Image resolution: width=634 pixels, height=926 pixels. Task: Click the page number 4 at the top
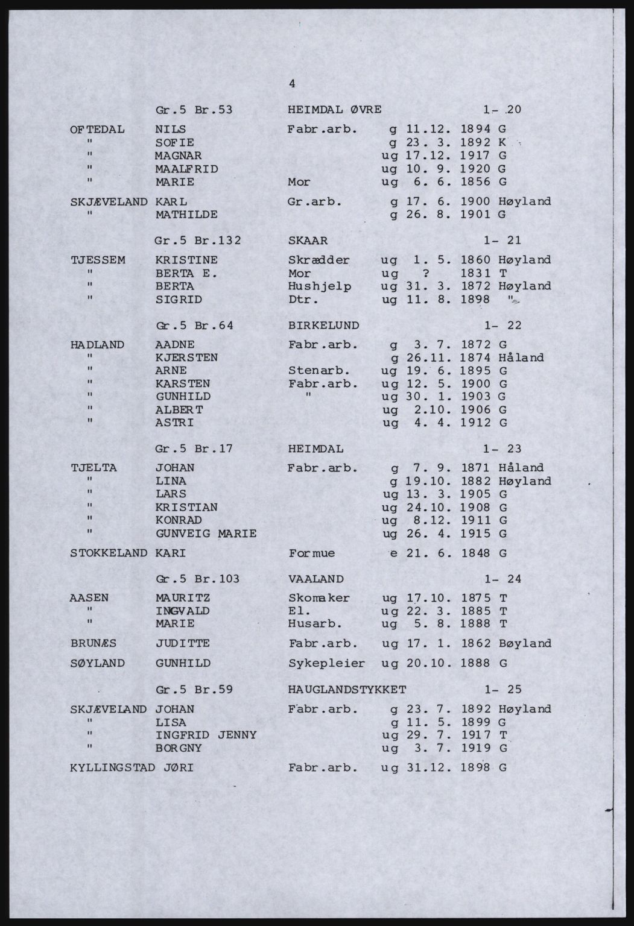(x=292, y=84)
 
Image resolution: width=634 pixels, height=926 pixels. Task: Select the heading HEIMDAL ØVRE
(x=335, y=110)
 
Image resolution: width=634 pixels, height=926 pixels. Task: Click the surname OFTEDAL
(x=98, y=130)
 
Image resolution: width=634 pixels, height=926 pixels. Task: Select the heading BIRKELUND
(x=324, y=325)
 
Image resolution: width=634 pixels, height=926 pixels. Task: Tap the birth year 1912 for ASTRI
(x=476, y=423)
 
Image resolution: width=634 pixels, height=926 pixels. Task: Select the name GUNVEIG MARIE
(x=206, y=534)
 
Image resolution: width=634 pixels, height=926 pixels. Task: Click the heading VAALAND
(x=316, y=579)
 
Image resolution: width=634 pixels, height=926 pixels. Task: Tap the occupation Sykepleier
(x=326, y=663)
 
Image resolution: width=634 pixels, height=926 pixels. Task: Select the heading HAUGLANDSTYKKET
(x=347, y=689)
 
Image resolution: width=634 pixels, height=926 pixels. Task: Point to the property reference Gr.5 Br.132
(x=198, y=241)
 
